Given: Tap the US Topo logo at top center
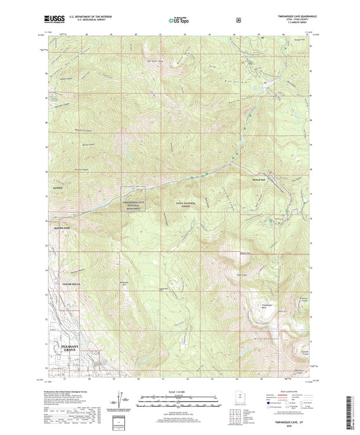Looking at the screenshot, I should click(x=179, y=21).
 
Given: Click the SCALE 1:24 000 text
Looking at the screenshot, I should click(x=179, y=394).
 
